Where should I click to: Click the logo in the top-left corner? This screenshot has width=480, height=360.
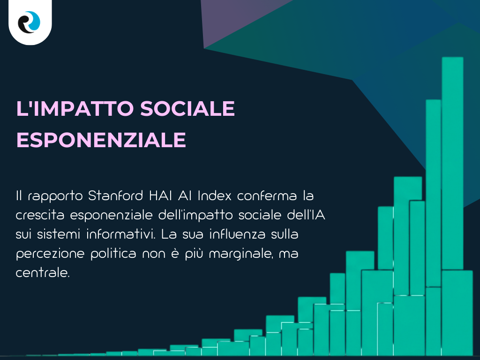click(30, 22)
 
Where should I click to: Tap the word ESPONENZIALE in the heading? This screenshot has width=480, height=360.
click(101, 140)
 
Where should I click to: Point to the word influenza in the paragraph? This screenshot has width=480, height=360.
click(233, 234)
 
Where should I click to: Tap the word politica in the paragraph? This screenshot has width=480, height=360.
click(124, 254)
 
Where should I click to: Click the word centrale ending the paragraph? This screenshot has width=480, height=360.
click(43, 273)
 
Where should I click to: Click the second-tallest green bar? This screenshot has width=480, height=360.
click(433, 192)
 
